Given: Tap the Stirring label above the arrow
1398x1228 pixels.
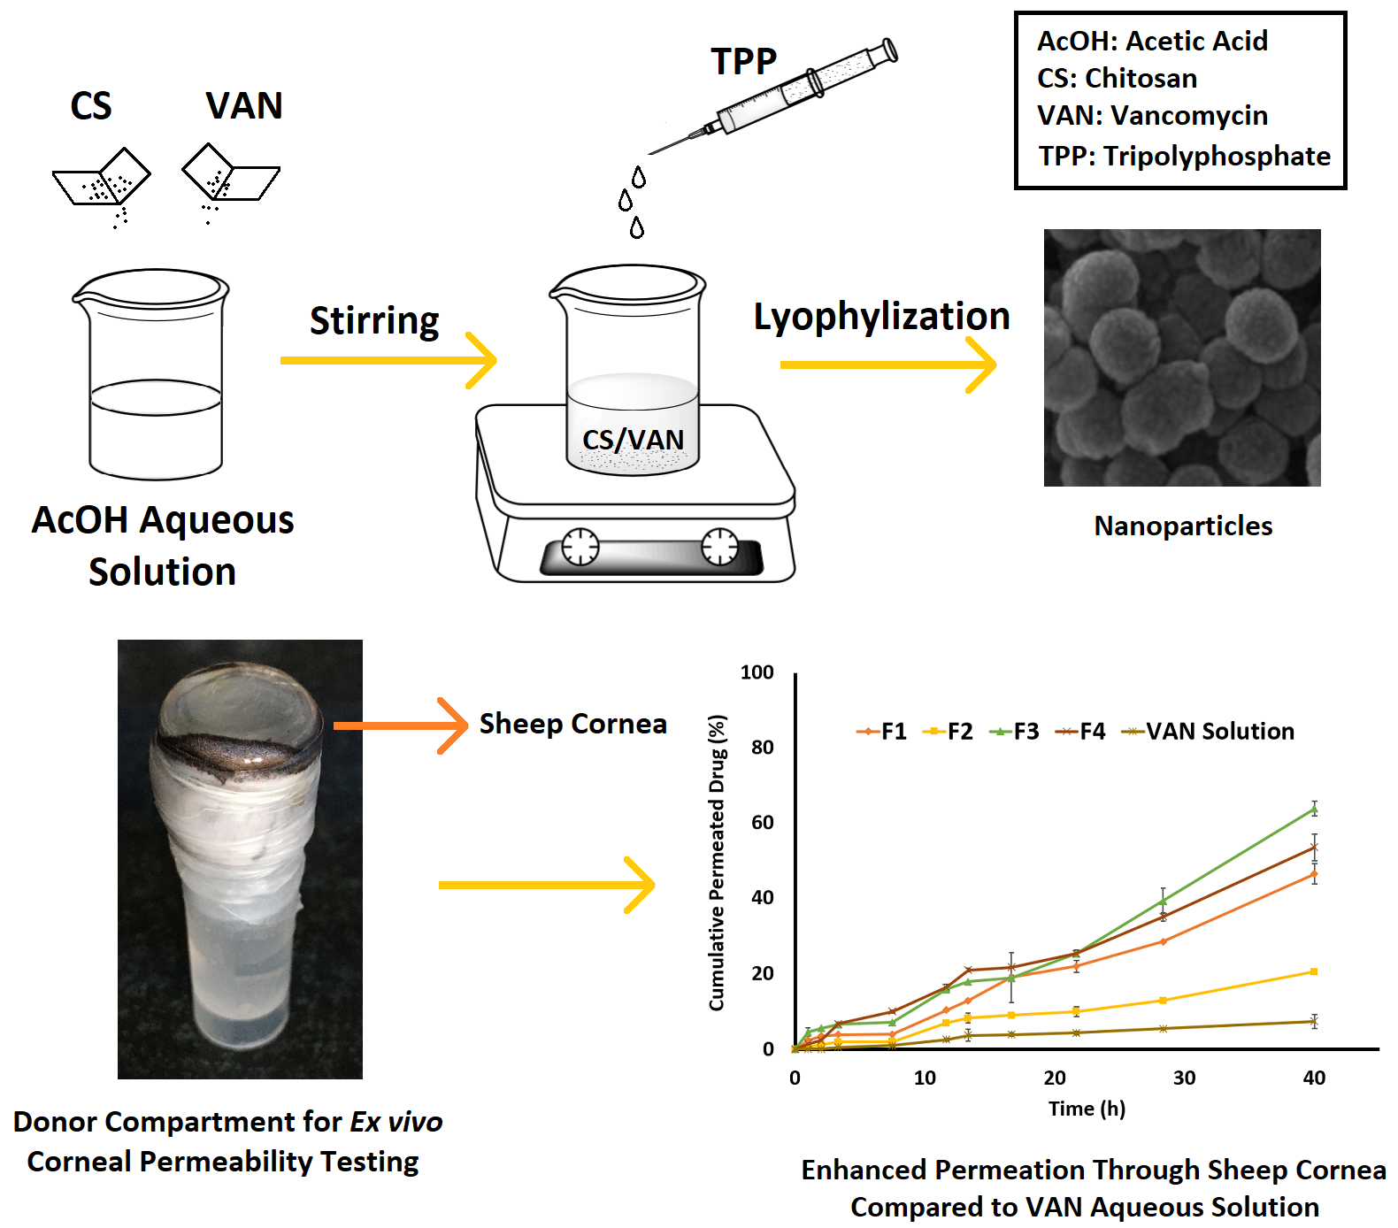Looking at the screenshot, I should [374, 321].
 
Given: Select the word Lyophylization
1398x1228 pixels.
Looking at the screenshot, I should [881, 317].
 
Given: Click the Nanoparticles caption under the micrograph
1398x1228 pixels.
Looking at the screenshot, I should [1183, 526].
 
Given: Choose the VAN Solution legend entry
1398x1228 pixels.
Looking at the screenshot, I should [1209, 732].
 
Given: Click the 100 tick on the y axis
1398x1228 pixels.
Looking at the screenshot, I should [757, 672].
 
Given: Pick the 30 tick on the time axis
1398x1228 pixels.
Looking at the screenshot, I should [1184, 1078].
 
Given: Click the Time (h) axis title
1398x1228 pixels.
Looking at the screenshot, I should [1087, 1109].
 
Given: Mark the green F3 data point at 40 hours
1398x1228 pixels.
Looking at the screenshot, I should [1314, 809].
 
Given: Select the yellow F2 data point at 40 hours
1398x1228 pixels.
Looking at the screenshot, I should [1314, 971].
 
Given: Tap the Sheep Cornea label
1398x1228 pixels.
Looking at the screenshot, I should [572, 724].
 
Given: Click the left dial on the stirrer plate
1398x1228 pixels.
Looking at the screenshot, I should [580, 547].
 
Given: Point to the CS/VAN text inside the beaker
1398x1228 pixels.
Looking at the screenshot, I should [633, 440].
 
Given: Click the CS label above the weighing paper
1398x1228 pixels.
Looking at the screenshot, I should [91, 106].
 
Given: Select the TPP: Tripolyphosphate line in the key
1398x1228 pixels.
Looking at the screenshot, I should [1184, 157].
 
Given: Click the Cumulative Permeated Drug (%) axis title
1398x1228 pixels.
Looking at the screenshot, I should [717, 863].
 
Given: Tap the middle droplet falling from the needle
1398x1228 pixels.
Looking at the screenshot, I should [626, 201].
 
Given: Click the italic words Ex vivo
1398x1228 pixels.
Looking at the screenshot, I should [396, 1122].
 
